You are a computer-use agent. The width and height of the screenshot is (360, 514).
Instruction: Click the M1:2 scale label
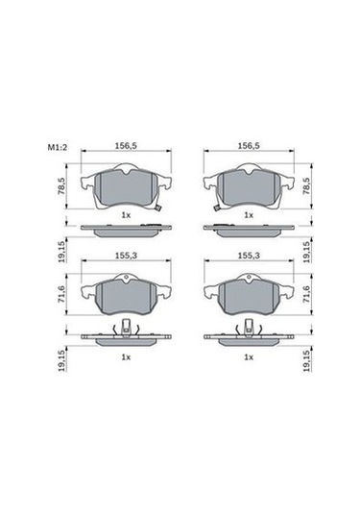[58, 148]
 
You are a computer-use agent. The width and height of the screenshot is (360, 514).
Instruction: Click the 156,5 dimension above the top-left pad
[126, 146]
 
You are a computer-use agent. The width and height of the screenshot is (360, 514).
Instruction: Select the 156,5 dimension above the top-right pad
[249, 146]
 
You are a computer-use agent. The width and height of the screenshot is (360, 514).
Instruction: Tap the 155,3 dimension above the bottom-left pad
[126, 256]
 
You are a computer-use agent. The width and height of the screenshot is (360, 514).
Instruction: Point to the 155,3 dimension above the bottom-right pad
[249, 256]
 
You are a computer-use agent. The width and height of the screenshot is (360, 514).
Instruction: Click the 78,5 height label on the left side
[61, 186]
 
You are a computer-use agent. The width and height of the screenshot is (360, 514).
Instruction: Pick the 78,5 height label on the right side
[306, 186]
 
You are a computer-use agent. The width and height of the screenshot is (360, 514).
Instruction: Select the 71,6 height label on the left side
[61, 294]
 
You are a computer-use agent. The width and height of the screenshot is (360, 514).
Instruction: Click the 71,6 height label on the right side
[306, 294]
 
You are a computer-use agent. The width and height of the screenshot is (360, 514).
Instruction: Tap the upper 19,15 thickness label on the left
[61, 252]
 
